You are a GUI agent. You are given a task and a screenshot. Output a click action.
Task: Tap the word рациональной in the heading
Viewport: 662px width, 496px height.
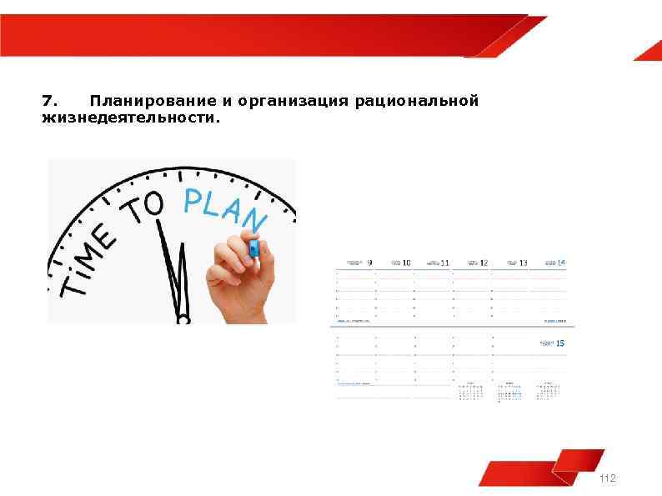pyautogui.click(x=416, y=102)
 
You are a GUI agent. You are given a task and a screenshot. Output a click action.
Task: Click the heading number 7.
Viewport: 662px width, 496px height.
pyautogui.click(x=49, y=102)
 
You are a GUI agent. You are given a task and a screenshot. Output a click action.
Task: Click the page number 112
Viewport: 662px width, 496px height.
pyautogui.click(x=607, y=478)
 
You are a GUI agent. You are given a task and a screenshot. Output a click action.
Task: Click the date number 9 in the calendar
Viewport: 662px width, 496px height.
pyautogui.click(x=369, y=263)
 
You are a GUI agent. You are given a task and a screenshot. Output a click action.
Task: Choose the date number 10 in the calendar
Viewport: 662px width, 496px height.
pyautogui.click(x=407, y=263)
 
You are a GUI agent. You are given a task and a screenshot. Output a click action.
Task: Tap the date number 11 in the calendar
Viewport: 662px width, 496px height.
pyautogui.click(x=445, y=263)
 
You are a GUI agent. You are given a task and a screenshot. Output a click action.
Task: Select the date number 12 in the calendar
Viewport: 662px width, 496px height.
pyautogui.click(x=484, y=263)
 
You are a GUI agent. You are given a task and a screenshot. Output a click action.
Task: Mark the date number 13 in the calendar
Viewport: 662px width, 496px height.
pyautogui.click(x=523, y=263)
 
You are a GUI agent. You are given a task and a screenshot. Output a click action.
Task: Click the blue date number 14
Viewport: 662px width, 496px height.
pyautogui.click(x=561, y=263)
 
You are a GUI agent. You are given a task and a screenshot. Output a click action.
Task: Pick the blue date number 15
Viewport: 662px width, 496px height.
pyautogui.click(x=559, y=343)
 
